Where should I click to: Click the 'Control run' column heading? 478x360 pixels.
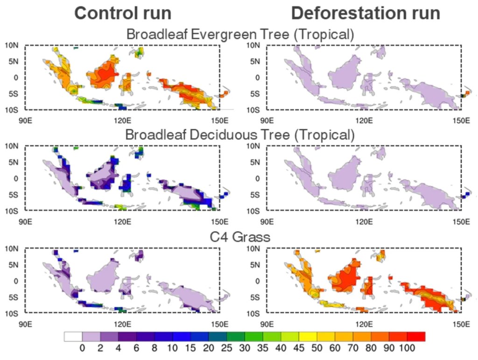click(123, 14)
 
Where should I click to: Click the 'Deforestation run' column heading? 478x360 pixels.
click(366, 14)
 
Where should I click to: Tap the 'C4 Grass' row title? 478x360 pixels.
click(240, 237)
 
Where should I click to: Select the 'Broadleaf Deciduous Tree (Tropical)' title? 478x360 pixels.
click(240, 135)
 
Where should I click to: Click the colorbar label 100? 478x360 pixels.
click(407, 348)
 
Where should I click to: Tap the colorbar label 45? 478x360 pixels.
click(299, 348)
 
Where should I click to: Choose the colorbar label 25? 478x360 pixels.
click(226, 348)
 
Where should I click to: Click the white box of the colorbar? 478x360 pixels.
click(73, 337)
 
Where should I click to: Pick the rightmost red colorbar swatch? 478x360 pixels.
click(416, 337)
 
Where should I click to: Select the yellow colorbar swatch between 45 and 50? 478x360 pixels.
click(308, 337)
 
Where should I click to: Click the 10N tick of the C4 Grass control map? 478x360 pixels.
click(12, 249)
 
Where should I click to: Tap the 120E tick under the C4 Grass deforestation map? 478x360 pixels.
click(364, 324)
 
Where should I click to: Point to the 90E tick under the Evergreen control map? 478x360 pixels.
click(25, 120)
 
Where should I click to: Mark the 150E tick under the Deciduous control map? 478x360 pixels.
click(219, 222)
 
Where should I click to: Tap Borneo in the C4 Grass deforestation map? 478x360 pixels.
click(344, 277)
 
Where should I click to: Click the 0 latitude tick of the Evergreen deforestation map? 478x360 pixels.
click(258, 78)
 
